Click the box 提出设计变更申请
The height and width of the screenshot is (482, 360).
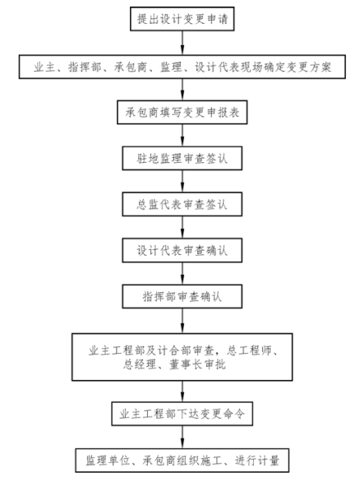182,19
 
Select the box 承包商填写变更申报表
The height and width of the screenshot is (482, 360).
182,112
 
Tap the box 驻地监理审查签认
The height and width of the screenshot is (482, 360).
182,158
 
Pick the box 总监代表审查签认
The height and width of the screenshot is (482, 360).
182,205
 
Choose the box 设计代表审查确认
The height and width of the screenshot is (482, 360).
182,251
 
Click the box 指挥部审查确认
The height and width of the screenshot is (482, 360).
182,297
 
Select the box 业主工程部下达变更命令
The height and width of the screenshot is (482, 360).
182,414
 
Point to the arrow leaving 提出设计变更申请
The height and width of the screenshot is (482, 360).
182,43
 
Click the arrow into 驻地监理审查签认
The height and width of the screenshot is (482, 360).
182,135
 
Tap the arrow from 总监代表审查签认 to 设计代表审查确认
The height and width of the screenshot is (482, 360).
182,228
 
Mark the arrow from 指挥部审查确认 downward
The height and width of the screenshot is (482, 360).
182,321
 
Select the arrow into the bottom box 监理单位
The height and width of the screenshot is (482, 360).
182,437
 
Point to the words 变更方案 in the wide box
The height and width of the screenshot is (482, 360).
309,67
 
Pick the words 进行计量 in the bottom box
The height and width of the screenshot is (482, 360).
257,461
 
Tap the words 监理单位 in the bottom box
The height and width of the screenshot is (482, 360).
108,461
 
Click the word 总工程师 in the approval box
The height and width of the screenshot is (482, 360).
249,350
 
